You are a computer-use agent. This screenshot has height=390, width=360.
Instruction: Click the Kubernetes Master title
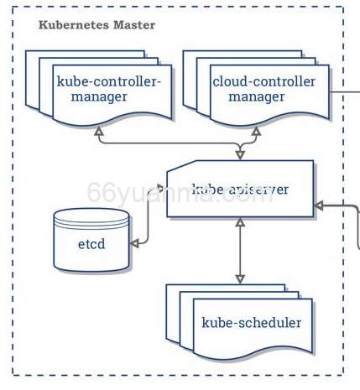tap(97, 25)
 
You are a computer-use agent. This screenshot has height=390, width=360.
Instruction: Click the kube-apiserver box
tap(240, 190)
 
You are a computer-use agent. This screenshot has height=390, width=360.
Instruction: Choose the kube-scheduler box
tap(250, 322)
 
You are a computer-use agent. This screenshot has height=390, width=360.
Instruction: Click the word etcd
tap(91, 245)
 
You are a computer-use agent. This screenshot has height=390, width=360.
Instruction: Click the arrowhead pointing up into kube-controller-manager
tap(99, 133)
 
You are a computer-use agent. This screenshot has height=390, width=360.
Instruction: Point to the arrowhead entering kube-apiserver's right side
tap(320, 205)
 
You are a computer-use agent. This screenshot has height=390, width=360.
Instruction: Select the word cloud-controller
tap(263, 81)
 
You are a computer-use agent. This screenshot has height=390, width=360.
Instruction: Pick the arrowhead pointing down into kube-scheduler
tap(241, 278)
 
